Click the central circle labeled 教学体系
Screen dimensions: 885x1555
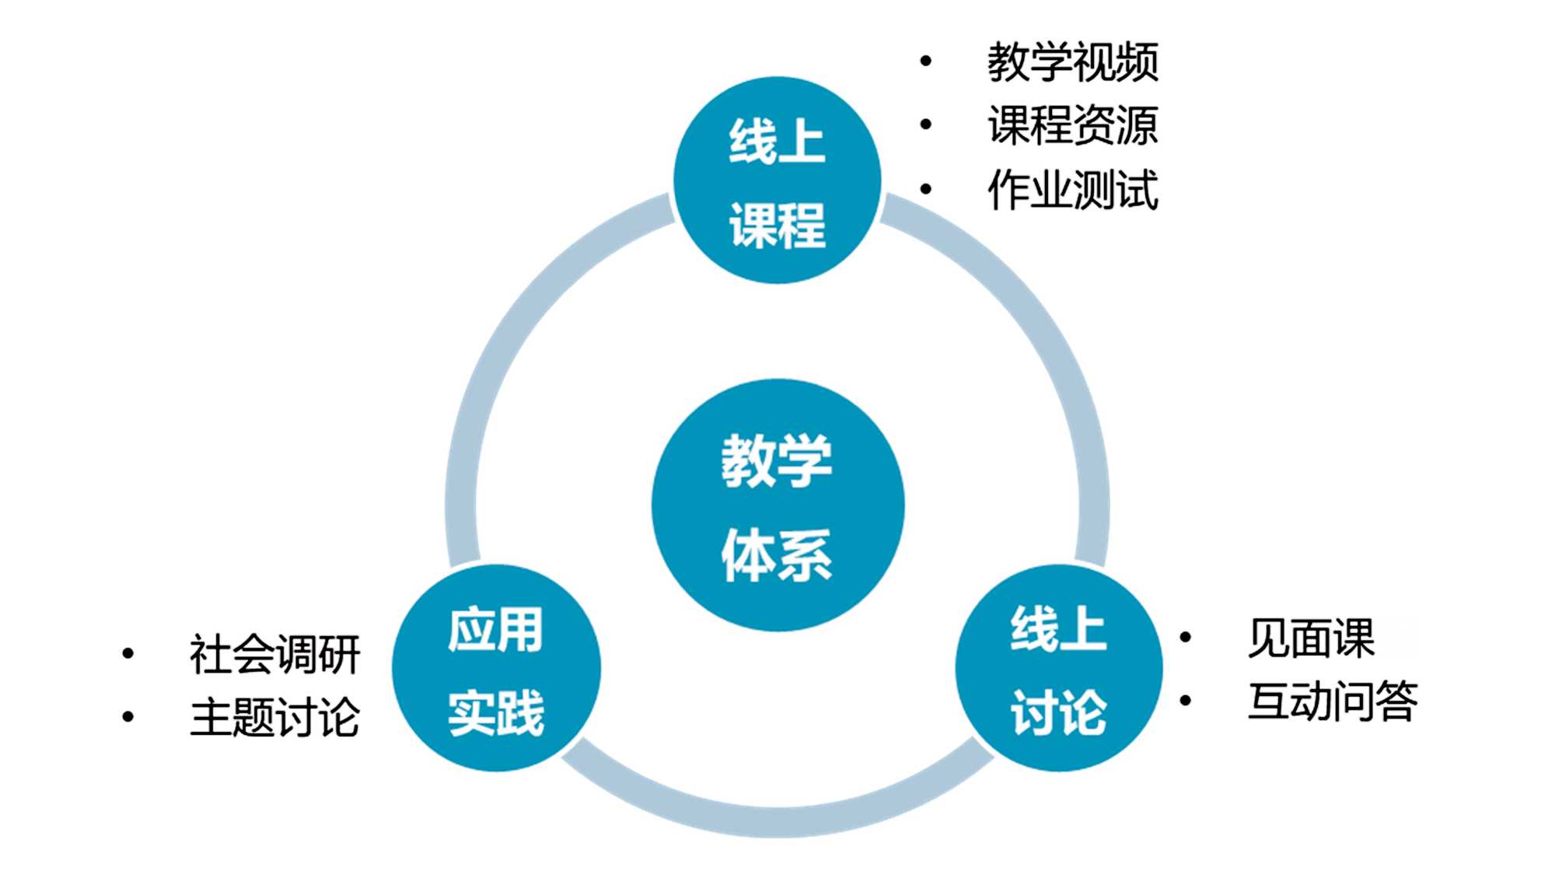click(777, 505)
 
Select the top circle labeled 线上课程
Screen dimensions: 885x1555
click(777, 180)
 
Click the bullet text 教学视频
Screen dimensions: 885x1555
click(1073, 62)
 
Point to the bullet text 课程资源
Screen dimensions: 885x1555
click(1073, 125)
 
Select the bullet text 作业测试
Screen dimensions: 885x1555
click(1073, 190)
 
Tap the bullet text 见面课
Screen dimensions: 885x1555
click(1312, 638)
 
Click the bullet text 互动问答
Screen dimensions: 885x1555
click(1333, 701)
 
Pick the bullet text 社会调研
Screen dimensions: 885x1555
click(274, 654)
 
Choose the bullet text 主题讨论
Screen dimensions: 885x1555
click(274, 717)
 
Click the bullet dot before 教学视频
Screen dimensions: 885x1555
click(925, 61)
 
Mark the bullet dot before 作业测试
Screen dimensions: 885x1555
click(925, 188)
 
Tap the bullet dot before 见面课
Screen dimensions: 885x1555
click(1186, 638)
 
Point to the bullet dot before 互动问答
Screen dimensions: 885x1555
click(1186, 701)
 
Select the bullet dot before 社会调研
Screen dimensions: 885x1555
click(128, 653)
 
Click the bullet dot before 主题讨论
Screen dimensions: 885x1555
click(128, 716)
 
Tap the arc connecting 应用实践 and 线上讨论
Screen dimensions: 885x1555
click(777, 820)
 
